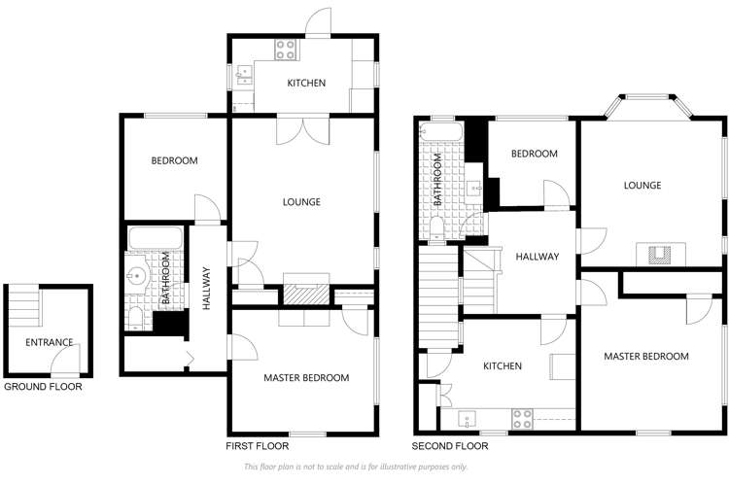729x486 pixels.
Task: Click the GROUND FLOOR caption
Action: coord(43,387)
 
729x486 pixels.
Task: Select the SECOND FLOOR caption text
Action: coord(449,446)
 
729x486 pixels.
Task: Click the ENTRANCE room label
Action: coord(49,342)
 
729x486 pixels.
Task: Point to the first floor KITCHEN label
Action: coord(305,84)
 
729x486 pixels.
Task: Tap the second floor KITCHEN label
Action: coord(503,366)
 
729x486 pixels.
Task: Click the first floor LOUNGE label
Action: coord(301,202)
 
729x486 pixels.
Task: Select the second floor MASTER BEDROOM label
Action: coord(645,357)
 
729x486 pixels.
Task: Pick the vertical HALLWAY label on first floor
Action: coord(206,289)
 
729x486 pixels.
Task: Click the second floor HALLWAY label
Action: coord(537,257)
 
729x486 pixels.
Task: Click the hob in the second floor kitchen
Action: coord(522,420)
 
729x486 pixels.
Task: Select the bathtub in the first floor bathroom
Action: coord(155,237)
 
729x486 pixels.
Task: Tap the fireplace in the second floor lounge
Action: coord(659,255)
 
